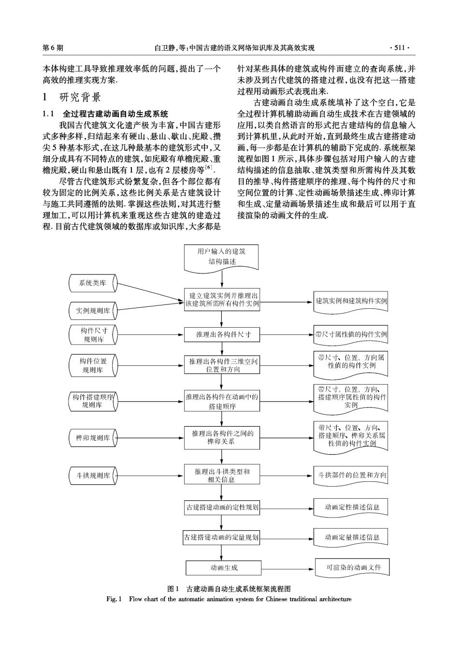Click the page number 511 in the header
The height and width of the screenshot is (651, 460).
pyautogui.click(x=400, y=48)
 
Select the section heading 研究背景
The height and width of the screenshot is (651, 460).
pyautogui.click(x=80, y=97)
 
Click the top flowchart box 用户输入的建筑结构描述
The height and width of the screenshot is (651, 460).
pyautogui.click(x=221, y=259)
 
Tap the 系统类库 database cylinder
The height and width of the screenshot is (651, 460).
pyautogui.click(x=93, y=283)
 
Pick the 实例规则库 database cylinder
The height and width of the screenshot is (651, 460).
pyautogui.click(x=93, y=311)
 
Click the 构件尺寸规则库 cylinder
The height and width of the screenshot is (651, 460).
pyautogui.click(x=93, y=335)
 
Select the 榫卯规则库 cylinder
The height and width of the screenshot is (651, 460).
pyautogui.click(x=93, y=438)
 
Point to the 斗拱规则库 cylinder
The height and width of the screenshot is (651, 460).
pyautogui.click(x=93, y=476)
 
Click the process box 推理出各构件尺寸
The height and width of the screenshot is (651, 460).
pyautogui.click(x=222, y=334)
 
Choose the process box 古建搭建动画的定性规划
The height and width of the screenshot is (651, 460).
pyautogui.click(x=222, y=507)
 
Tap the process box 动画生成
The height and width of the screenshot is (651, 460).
pyautogui.click(x=223, y=567)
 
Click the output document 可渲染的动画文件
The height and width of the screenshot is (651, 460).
pyautogui.click(x=352, y=567)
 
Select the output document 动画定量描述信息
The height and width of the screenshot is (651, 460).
pyautogui.click(x=351, y=537)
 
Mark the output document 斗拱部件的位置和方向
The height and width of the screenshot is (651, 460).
pyautogui.click(x=351, y=476)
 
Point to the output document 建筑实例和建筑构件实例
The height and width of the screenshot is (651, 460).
pyautogui.click(x=351, y=302)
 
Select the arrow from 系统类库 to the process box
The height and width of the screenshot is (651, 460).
pyautogui.click(x=151, y=292)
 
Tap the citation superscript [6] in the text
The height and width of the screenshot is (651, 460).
pyautogui.click(x=209, y=167)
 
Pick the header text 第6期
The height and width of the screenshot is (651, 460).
pyautogui.click(x=53, y=48)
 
